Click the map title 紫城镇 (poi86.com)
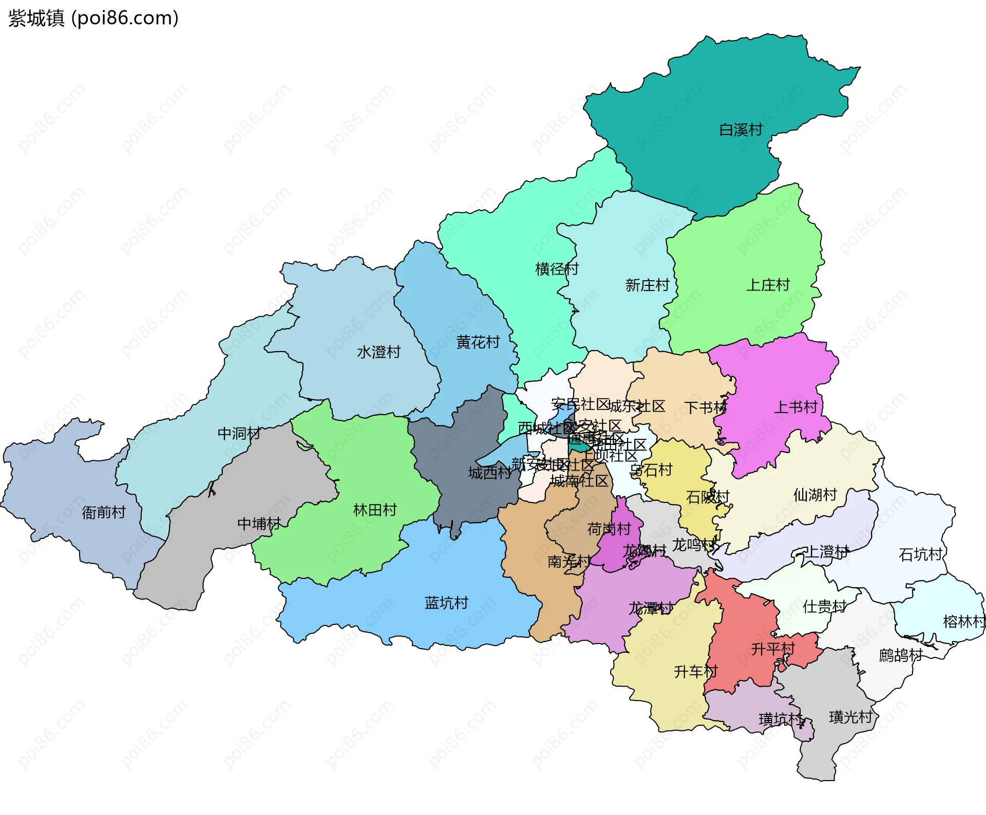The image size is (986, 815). pos(93,18)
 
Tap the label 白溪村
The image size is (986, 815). pos(741,130)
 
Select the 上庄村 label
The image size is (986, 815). pos(768,285)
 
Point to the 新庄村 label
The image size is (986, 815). pos(647,285)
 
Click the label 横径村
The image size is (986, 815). pos(557,269)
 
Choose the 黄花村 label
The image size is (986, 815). pos(478,342)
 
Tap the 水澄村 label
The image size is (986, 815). pos(378,352)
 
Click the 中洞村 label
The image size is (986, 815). pos(239,434)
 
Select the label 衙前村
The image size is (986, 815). pos(104,512)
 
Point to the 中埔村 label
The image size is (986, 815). pos(259,523)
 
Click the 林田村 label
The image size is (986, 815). pos(375,510)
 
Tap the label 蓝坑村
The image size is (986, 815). pos(446,603)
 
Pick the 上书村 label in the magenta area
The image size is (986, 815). pos(795,407)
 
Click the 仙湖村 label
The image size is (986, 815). pos(815,495)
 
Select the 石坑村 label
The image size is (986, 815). pos(920,554)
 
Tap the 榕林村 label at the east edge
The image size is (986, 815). pos(963,622)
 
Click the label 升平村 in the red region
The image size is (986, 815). pos(773,649)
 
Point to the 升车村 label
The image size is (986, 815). pos(695,672)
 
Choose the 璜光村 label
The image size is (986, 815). pos(850,717)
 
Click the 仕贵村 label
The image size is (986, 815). pos(824,607)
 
